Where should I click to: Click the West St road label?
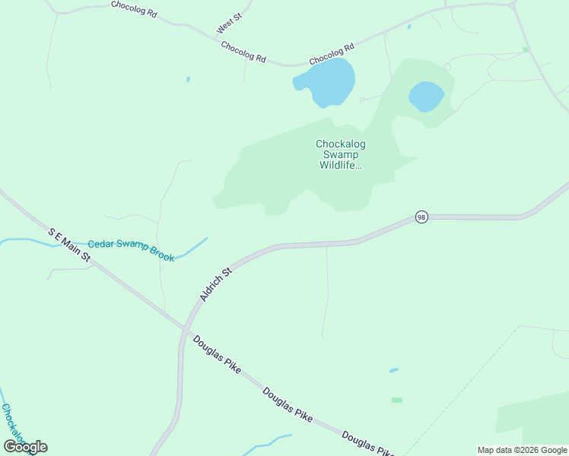pos(228,24)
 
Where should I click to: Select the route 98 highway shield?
pos(421,217)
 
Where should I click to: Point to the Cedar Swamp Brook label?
pos(131,250)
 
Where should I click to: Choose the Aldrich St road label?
pos(215,283)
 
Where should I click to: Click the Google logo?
pos(25,447)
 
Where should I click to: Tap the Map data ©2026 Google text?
pos(523,450)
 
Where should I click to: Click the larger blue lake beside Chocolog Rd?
pos(326,82)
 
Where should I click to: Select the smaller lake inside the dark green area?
pos(426,97)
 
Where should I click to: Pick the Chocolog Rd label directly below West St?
pos(243,52)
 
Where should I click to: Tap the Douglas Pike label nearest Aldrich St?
pos(217,355)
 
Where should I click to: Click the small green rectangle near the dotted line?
pos(397,400)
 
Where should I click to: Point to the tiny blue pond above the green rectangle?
pos(393,371)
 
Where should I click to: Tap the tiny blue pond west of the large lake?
pos(188,79)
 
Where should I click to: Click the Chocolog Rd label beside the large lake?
pos(332,53)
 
